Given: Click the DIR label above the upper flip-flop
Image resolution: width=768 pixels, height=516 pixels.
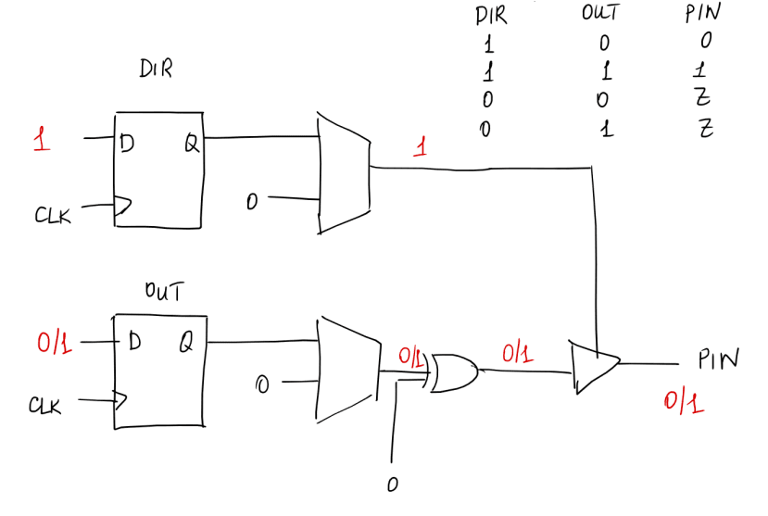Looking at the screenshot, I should point(156,70).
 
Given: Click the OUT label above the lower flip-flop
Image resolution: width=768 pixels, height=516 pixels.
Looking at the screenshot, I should point(162,292).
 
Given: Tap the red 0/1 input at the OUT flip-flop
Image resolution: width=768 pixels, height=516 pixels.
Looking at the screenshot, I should point(53,344).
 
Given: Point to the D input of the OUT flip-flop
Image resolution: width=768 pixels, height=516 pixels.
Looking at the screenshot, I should point(134,344).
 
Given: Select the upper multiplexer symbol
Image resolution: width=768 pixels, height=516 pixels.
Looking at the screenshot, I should point(342,173).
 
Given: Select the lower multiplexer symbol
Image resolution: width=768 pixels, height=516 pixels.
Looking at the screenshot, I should point(346,369).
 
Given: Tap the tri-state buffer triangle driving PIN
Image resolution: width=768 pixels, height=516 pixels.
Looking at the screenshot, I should point(593,365).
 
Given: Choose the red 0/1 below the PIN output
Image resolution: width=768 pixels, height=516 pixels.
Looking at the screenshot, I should point(682,402).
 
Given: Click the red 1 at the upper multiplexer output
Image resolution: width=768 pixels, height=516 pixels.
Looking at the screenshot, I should point(421,147).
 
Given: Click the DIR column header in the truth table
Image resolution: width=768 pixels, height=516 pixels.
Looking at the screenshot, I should point(491,15).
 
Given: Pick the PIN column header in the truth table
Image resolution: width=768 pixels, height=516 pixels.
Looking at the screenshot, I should point(702,14).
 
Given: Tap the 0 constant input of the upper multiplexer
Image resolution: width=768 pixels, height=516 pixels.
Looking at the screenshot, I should point(251,199).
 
